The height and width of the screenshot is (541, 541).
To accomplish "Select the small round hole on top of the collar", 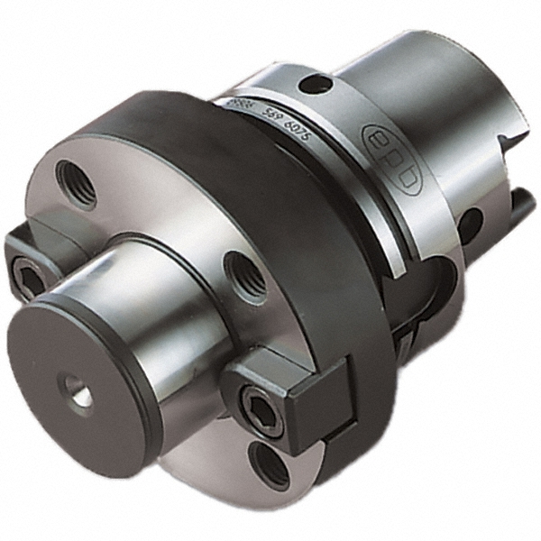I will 316,85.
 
